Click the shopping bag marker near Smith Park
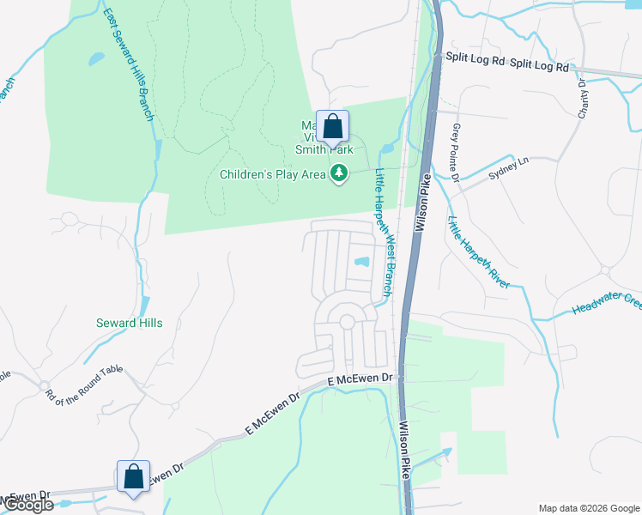click(x=333, y=129)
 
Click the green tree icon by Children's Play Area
click(x=341, y=173)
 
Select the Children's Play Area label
click(x=273, y=175)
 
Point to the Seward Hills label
click(x=129, y=324)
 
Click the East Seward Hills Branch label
click(x=128, y=64)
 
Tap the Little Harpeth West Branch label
click(x=384, y=233)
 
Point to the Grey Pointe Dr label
click(x=456, y=152)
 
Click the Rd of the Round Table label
click(x=84, y=383)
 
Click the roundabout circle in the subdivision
click(x=347, y=322)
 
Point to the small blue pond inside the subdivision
click(x=362, y=262)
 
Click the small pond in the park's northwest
click(x=96, y=59)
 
